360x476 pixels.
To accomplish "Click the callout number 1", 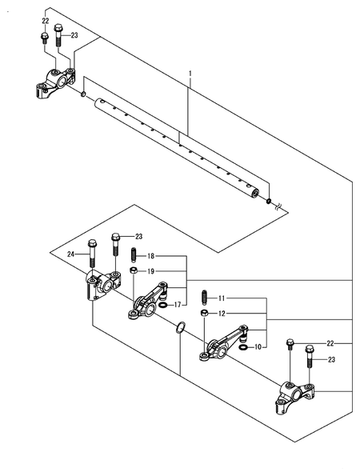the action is point(190,74).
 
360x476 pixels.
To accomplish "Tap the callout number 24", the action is point(70,254).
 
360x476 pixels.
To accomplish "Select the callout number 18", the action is point(151,256).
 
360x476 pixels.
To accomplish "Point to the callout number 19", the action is point(151,271).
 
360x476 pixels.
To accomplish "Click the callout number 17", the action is point(178,305).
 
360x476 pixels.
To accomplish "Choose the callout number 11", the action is point(222,298).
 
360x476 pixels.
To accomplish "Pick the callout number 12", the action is point(222,314).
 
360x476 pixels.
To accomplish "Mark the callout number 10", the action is point(258,346).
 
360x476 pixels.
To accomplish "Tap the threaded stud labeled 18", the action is point(134,255).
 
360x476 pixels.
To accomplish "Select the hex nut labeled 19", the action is point(133,270).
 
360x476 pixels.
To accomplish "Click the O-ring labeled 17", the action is point(162,305).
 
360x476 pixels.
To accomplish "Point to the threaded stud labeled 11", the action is point(205,298).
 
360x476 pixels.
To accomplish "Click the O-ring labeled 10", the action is point(243,347).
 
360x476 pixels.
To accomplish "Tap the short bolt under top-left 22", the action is point(44,38).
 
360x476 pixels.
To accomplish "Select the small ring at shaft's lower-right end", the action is point(269,201).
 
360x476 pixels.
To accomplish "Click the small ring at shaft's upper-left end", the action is point(83,94).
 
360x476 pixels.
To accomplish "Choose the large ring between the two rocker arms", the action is point(180,326).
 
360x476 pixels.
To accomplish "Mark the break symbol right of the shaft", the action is point(278,208).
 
